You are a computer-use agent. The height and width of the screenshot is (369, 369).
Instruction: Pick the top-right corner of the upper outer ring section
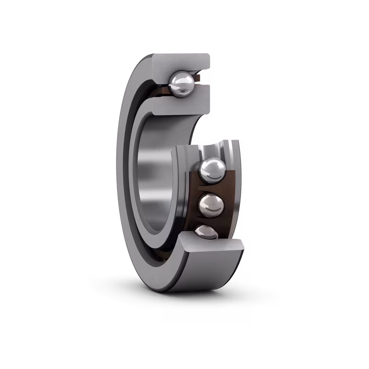[x=210, y=54]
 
